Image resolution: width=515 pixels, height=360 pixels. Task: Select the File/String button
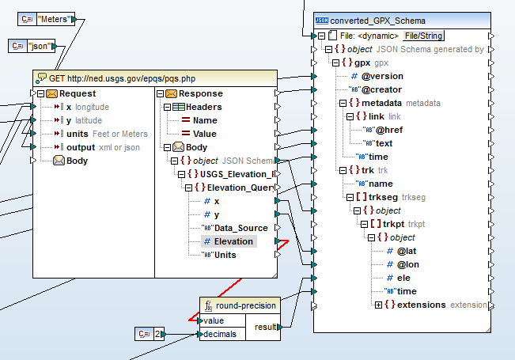pyautogui.click(x=424, y=36)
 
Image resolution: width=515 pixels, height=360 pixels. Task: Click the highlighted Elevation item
pyautogui.click(x=233, y=241)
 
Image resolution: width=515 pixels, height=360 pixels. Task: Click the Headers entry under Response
pyautogui.click(x=203, y=107)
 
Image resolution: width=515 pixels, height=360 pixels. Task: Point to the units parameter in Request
pyautogui.click(x=77, y=134)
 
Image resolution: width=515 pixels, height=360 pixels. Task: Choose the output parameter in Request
pyautogui.click(x=80, y=147)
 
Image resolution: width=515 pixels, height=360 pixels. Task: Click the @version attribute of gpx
pyautogui.click(x=382, y=76)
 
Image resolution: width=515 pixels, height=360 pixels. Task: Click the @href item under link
pyautogui.click(x=391, y=130)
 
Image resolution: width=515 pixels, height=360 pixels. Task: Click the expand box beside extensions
pyautogui.click(x=378, y=305)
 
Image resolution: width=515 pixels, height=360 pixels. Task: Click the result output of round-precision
pyautogui.click(x=266, y=327)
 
